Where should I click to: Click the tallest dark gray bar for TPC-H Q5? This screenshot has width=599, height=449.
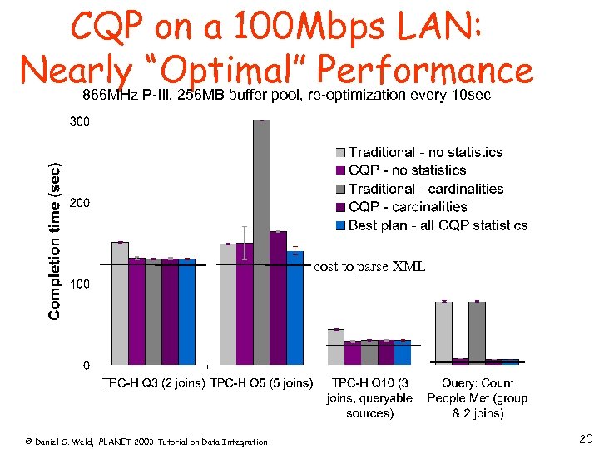[x=261, y=241]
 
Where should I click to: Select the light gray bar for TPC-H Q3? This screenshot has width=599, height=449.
[x=120, y=303]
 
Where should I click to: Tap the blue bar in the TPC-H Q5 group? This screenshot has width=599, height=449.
[x=295, y=308]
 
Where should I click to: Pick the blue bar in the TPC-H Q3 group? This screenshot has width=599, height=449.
[x=186, y=312]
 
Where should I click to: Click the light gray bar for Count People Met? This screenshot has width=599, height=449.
[x=443, y=333]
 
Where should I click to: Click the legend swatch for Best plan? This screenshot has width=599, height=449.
[x=340, y=225]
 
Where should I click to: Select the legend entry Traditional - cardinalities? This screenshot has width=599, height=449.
[x=426, y=189]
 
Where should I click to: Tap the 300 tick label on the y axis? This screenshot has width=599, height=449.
[x=80, y=121]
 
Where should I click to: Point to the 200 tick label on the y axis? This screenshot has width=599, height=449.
[x=80, y=203]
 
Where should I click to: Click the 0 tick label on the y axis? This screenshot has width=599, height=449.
[x=86, y=365]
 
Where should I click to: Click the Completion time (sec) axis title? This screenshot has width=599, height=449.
[x=54, y=241]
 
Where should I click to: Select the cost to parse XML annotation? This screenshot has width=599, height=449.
[x=369, y=267]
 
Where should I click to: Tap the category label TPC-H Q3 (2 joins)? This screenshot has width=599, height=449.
[x=154, y=383]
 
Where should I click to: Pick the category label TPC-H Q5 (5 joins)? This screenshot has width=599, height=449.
[x=262, y=383]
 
